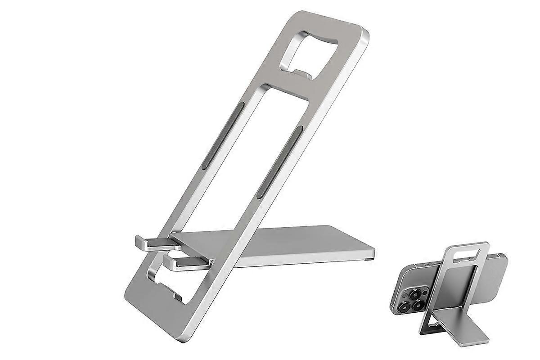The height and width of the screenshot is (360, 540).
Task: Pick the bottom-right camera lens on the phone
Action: [418, 305]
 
